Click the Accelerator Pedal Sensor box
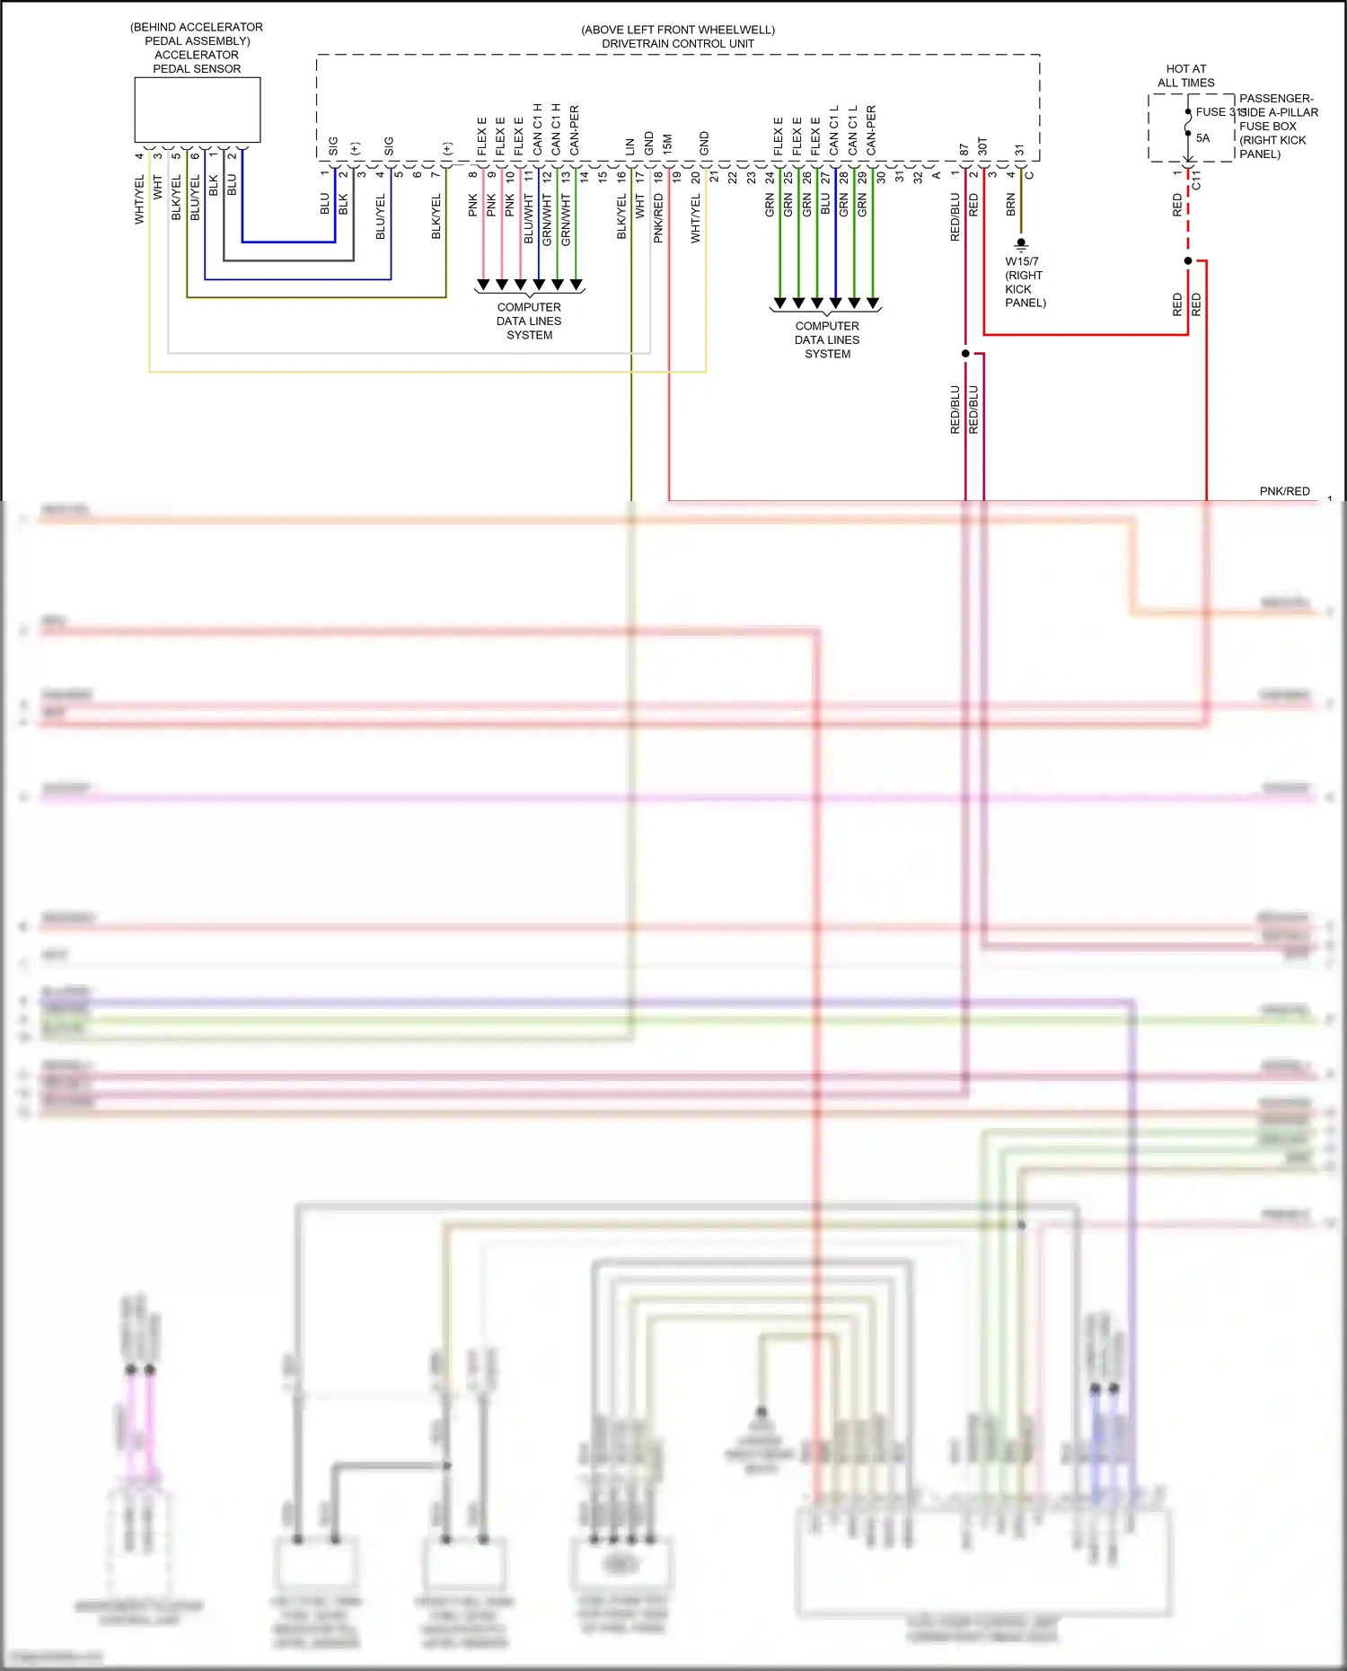pos(197,110)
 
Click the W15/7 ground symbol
pos(1021,244)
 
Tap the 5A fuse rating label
pos(1202,138)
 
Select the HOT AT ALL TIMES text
pos(1185,75)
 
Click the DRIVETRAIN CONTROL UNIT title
pos(677,43)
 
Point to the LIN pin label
pos(630,145)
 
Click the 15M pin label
pos(667,144)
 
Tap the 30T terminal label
pos(982,145)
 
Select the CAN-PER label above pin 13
pos(575,130)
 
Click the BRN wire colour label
pos(1011,204)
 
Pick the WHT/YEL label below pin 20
pos(696,219)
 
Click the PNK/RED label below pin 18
pos(658,218)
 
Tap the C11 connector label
pos(1196,180)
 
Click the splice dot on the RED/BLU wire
pos(965,353)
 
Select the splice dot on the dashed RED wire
pos(1188,260)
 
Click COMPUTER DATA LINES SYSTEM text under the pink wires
pos(529,321)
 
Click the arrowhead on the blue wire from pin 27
pos(835,303)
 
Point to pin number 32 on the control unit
pos(918,177)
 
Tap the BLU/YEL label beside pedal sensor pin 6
pos(195,198)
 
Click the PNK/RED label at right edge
pos(1284,491)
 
